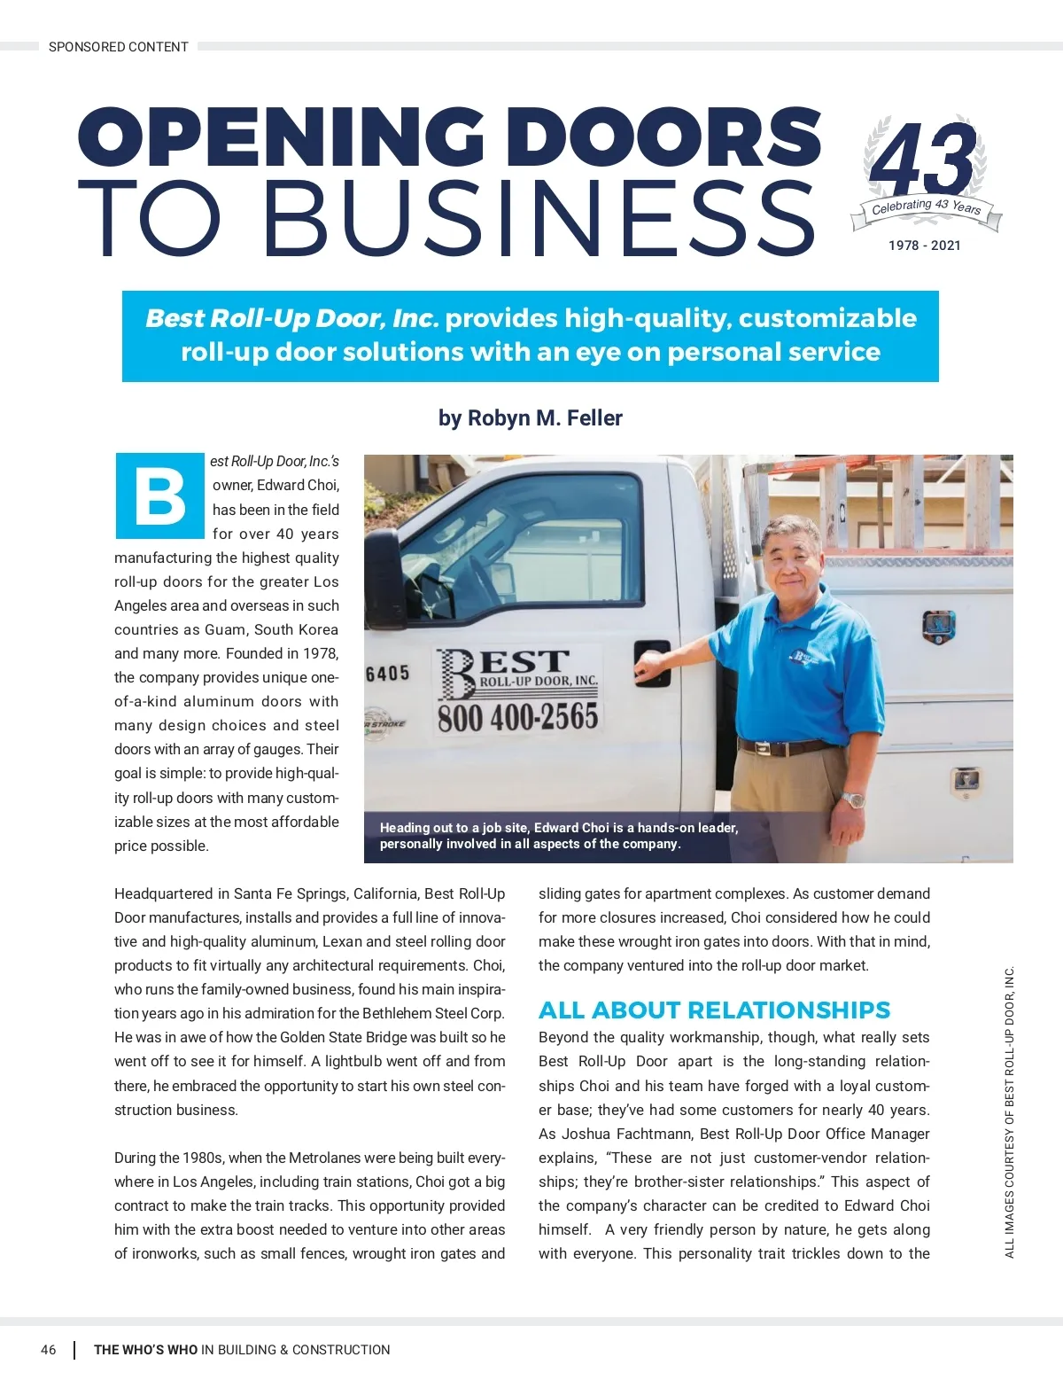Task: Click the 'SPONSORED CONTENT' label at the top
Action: tap(118, 47)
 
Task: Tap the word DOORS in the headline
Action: tap(669, 137)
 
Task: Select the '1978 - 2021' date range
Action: tap(924, 246)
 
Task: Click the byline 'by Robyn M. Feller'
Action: tap(530, 417)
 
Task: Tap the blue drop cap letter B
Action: tap(159, 496)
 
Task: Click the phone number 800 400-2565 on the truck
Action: tap(517, 717)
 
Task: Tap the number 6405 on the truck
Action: tap(388, 674)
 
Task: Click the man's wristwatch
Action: tap(852, 799)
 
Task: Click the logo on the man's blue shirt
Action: tap(800, 658)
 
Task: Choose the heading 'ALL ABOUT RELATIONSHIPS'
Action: tap(714, 1010)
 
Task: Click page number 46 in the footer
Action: tap(49, 1350)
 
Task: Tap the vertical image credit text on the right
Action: tap(1009, 1111)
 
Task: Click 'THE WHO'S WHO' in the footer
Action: tap(146, 1350)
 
